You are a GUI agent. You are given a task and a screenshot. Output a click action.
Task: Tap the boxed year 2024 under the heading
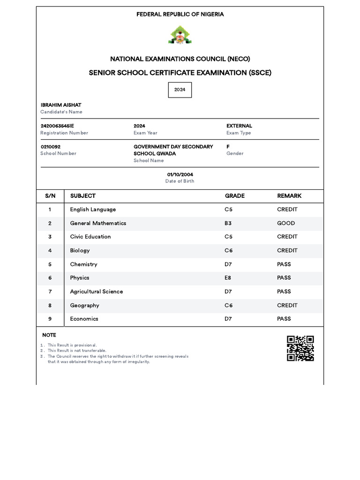pos(180,90)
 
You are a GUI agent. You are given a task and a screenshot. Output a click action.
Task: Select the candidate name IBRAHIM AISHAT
pos(61,105)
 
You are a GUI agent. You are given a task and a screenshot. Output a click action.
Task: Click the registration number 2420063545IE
pos(57,126)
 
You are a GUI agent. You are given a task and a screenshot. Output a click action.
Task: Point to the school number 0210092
pos(51,147)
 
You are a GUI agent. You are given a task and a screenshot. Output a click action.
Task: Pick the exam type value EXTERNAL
pos(239,126)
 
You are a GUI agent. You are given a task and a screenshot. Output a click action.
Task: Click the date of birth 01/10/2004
pos(180,174)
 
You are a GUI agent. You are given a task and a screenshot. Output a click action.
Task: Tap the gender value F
pos(228,147)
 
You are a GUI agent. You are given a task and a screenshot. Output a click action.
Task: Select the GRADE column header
pos(235,196)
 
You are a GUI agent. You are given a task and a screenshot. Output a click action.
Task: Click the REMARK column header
pos(289,196)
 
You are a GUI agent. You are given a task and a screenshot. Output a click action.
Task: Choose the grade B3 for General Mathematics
pos(228,223)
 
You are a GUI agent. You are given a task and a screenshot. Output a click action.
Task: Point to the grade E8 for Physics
pos(228,278)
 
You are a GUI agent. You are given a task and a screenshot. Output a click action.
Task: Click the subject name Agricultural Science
pos(97,292)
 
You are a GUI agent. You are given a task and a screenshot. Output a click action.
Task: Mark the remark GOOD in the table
pos(286,223)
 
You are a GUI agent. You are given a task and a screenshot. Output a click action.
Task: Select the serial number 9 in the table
pos(50,319)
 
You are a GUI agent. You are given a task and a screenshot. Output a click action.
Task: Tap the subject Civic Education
pos(90,237)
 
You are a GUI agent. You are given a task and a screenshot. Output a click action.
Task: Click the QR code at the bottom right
pos(300,348)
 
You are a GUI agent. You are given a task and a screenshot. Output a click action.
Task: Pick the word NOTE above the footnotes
pos(49,335)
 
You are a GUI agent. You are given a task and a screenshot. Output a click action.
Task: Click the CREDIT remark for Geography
pos(287,305)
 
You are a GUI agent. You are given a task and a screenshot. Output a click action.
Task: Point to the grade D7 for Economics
pos(228,319)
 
